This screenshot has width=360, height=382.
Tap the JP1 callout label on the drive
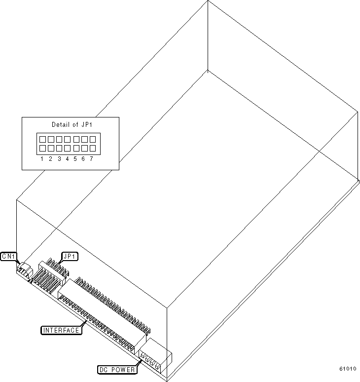[x=70, y=256]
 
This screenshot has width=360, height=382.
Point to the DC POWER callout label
[x=116, y=369]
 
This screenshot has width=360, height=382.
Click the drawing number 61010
[x=348, y=369]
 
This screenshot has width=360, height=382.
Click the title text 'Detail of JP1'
[x=71, y=124]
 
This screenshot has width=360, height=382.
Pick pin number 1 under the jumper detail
[x=42, y=158]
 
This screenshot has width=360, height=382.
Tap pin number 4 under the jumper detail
[x=67, y=158]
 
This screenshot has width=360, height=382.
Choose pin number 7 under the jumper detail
[x=91, y=158]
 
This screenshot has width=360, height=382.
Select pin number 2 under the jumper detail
[x=50, y=158]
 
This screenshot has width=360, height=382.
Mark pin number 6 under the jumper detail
[x=83, y=158]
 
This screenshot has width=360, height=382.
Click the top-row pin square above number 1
[x=43, y=139]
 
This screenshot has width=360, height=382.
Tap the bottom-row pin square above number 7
[x=91, y=148]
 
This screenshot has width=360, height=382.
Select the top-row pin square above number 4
[x=67, y=139]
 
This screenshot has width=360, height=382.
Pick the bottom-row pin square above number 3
[x=59, y=148]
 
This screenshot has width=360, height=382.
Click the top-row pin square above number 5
[x=75, y=139]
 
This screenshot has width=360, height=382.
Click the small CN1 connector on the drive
[x=24, y=270]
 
